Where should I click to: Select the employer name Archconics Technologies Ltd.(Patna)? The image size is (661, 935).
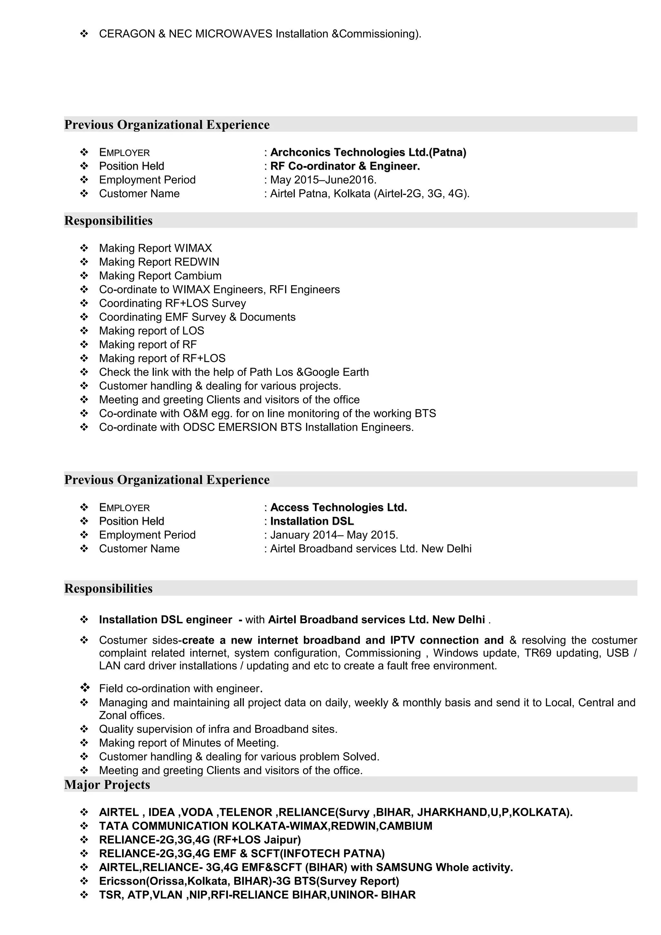(368, 152)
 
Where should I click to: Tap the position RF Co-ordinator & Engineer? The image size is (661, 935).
(345, 166)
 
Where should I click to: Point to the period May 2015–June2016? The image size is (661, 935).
(323, 180)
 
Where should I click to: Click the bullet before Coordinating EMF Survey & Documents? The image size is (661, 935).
(84, 317)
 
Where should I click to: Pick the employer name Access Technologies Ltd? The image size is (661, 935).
(339, 508)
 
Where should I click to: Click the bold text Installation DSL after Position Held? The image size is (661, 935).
(312, 521)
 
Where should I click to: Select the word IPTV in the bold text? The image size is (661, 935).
(403, 640)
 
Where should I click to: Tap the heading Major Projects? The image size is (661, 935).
(107, 785)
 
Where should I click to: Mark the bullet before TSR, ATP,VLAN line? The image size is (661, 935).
(84, 895)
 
